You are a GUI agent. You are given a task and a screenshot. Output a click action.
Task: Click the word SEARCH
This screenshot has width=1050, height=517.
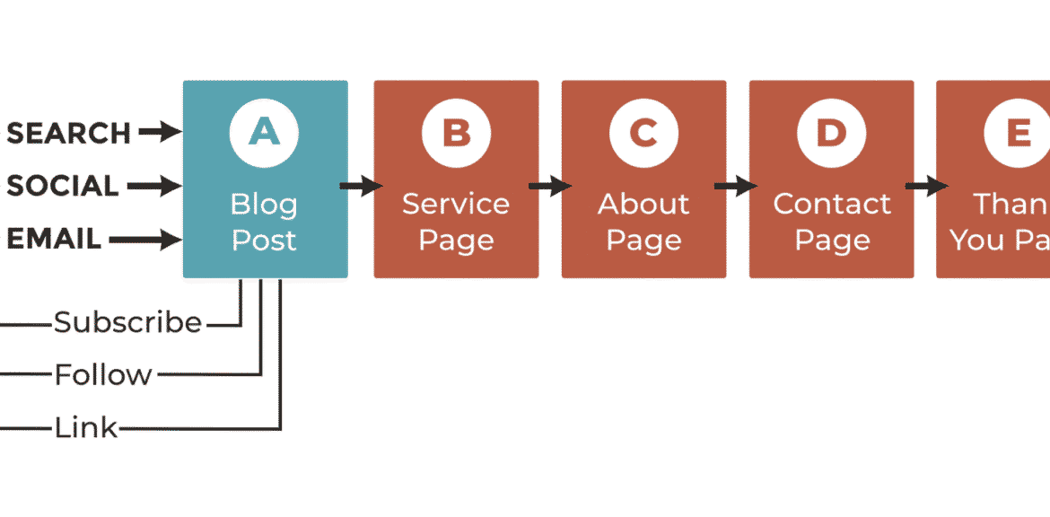(x=68, y=133)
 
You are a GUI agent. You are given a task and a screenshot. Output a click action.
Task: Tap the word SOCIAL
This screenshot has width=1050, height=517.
(x=62, y=187)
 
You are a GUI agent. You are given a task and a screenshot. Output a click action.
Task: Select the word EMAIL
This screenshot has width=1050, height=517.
(x=54, y=240)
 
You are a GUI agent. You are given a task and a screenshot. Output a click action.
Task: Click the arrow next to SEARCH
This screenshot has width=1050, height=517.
(x=160, y=133)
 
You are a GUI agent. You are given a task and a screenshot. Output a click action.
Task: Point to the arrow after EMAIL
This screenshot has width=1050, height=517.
(x=144, y=240)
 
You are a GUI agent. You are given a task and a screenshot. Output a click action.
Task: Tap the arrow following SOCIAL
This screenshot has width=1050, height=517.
(x=153, y=187)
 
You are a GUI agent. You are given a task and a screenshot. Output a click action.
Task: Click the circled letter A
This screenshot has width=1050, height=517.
(x=264, y=133)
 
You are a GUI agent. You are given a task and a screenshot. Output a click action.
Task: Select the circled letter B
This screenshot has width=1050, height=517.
(x=456, y=133)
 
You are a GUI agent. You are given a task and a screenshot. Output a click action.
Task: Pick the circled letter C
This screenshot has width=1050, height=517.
(x=643, y=133)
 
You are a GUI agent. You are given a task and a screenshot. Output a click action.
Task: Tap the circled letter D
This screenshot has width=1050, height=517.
(x=831, y=133)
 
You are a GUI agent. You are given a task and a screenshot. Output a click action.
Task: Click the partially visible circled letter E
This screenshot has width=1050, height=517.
(x=1018, y=133)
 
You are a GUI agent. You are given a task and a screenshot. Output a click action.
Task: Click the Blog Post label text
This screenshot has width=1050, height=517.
(x=264, y=222)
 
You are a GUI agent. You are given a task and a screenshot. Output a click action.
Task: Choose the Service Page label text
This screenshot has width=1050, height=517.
(x=456, y=222)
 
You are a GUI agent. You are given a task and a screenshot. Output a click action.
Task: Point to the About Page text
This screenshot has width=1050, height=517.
(x=643, y=222)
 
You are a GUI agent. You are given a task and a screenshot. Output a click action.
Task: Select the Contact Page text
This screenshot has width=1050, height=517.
(x=832, y=222)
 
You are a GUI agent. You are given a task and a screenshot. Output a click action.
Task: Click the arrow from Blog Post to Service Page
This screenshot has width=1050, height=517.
(x=361, y=187)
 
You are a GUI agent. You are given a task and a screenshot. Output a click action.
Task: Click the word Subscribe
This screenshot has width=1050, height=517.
(x=127, y=322)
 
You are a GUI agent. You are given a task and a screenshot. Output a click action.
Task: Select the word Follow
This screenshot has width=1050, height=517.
(x=103, y=374)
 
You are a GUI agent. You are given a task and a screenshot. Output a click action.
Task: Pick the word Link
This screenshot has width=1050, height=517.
(x=86, y=428)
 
